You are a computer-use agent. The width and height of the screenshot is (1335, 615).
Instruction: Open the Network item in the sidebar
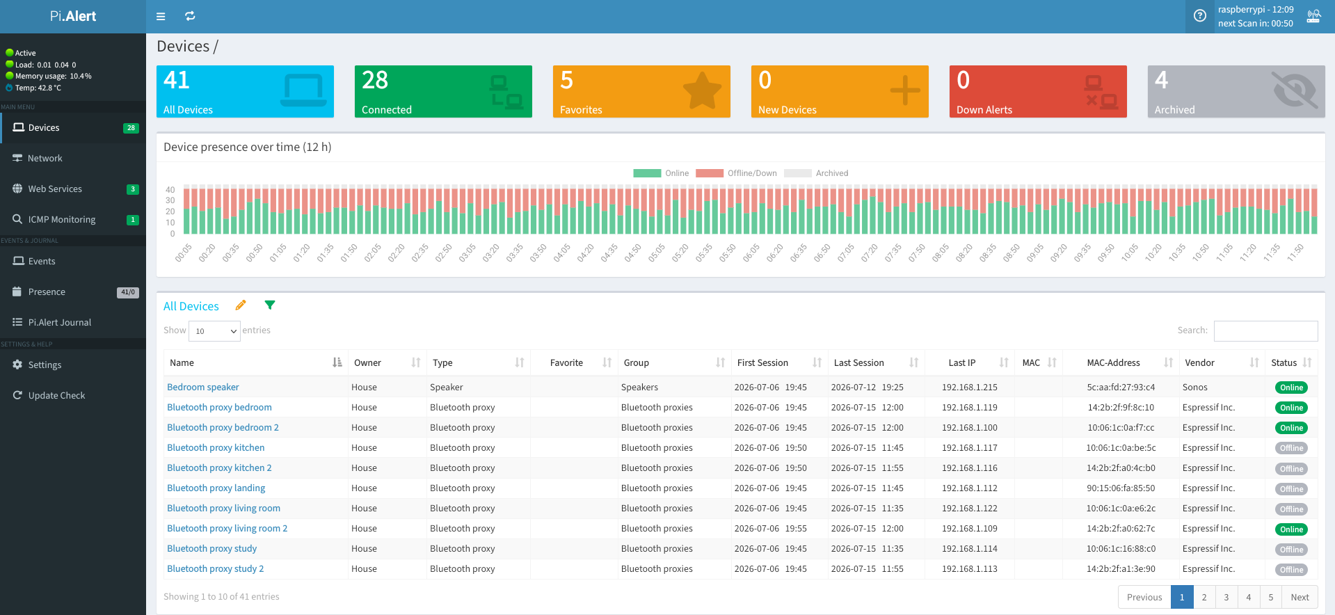tap(45, 159)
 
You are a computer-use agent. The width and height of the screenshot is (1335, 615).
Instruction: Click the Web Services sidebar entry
tap(55, 189)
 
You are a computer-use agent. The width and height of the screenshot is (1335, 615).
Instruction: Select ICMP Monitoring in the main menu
tap(61, 220)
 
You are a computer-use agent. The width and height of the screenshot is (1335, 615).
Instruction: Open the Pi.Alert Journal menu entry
tap(59, 323)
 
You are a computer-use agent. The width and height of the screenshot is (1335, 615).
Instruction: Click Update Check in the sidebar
tap(56, 396)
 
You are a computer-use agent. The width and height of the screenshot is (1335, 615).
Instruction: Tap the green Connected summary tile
tap(443, 91)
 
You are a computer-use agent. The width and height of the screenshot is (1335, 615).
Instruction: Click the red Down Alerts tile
tap(1038, 91)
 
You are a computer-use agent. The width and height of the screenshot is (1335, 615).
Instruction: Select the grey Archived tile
tap(1236, 91)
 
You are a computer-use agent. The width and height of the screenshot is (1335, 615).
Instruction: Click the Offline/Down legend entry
tap(736, 173)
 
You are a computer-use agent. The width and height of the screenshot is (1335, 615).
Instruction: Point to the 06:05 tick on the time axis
tap(751, 253)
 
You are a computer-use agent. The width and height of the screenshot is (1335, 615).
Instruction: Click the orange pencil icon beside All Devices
tap(241, 305)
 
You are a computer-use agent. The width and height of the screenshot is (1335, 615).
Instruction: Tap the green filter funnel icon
tap(270, 305)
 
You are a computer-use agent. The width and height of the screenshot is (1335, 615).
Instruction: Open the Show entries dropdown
tap(214, 331)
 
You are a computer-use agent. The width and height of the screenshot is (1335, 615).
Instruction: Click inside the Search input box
tap(1265, 331)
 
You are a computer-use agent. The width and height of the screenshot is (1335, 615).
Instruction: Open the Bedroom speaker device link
tap(203, 388)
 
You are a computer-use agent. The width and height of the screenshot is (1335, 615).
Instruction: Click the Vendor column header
tap(1199, 363)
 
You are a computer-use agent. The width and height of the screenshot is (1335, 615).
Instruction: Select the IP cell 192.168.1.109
tap(970, 529)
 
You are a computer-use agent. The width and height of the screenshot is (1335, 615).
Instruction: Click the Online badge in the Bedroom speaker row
tap(1291, 388)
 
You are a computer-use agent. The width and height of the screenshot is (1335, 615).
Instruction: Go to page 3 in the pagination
tap(1226, 597)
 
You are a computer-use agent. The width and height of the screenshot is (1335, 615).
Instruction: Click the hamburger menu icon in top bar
tap(161, 17)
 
